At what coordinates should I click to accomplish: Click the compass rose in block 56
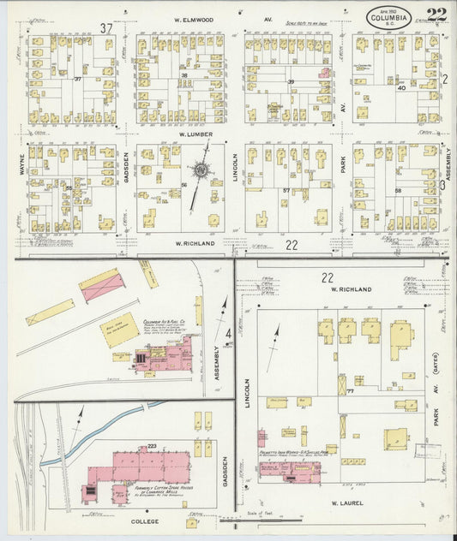(x=201, y=170)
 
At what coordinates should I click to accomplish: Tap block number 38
(x=183, y=77)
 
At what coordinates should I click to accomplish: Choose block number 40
(x=400, y=87)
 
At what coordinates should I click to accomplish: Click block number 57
(x=286, y=191)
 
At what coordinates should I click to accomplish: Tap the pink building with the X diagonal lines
(x=100, y=284)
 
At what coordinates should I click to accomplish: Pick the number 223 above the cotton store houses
(x=152, y=446)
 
